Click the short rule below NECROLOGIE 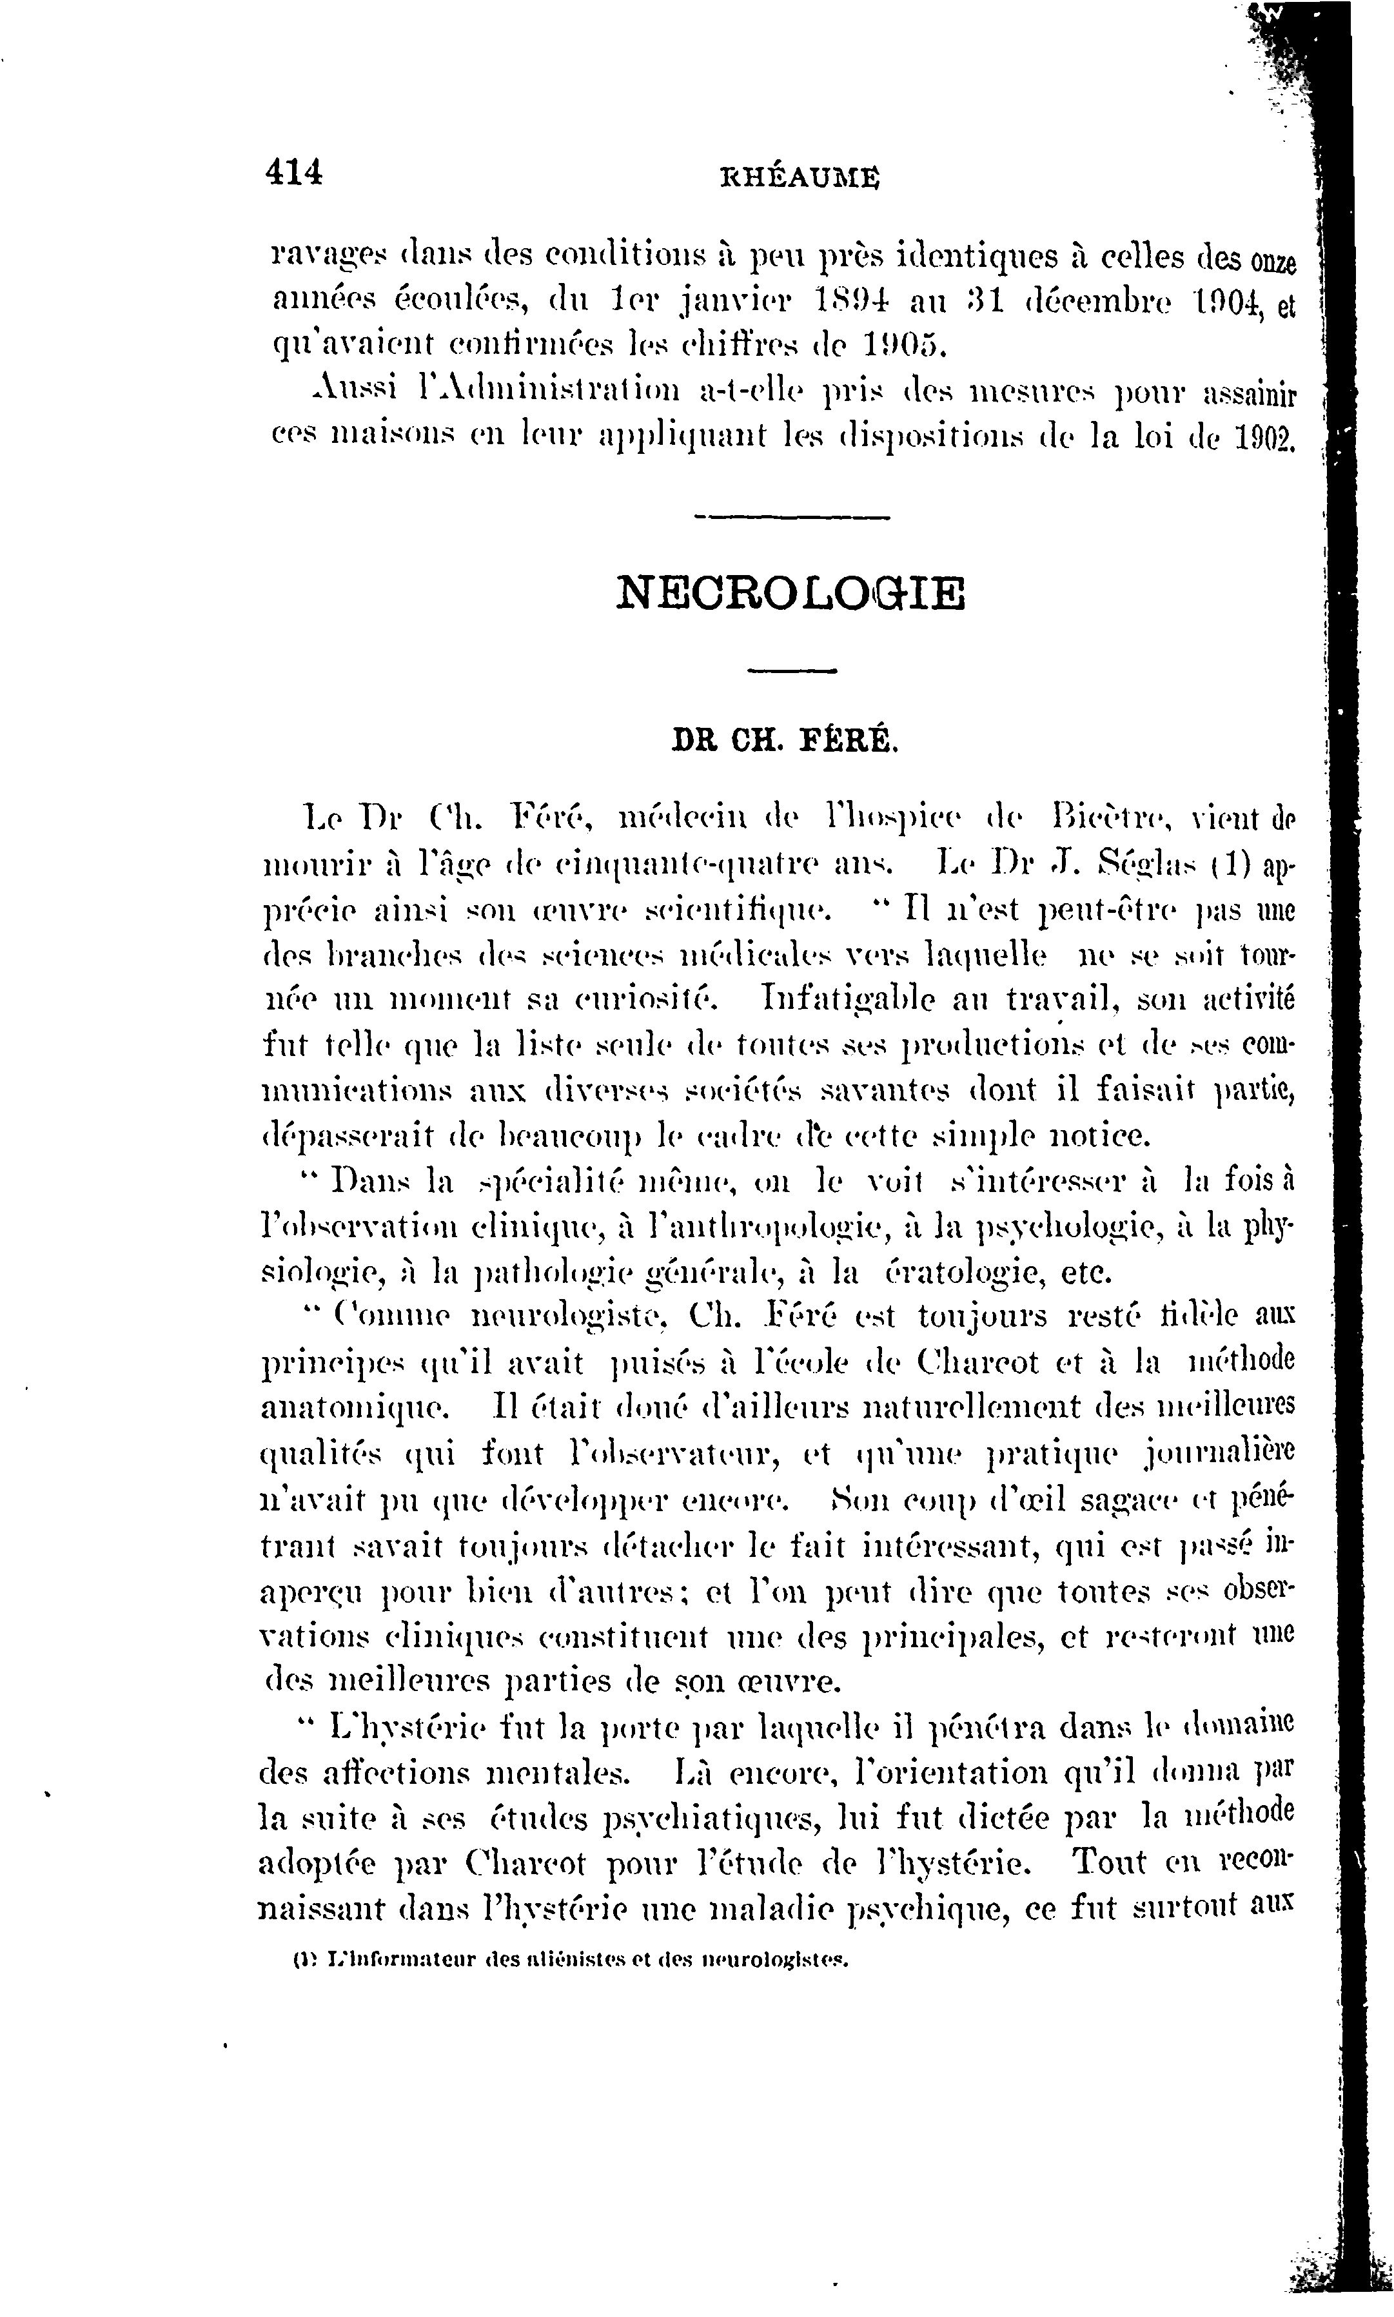click(x=791, y=670)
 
